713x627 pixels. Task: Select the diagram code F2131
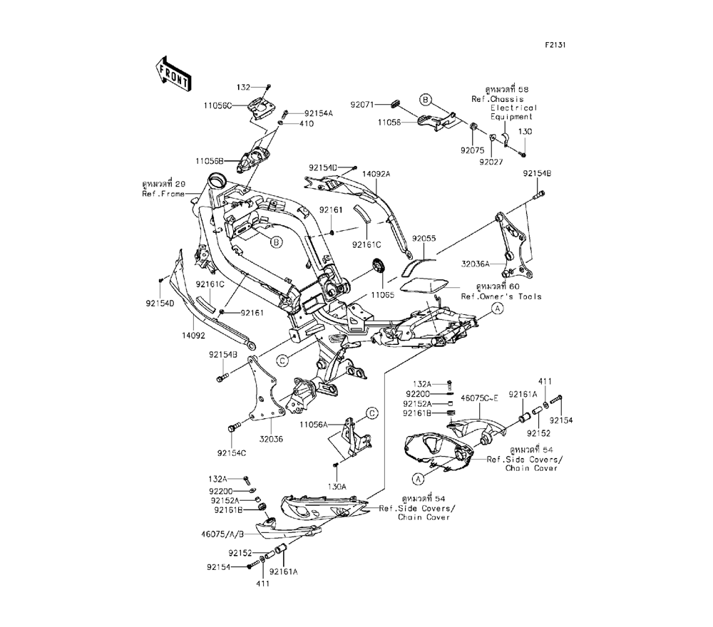(x=555, y=45)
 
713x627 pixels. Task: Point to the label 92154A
(x=318, y=113)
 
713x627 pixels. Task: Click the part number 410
(x=307, y=123)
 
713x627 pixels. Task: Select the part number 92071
(x=364, y=104)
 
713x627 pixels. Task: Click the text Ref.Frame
(x=164, y=194)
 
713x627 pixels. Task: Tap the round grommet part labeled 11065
(x=378, y=268)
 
